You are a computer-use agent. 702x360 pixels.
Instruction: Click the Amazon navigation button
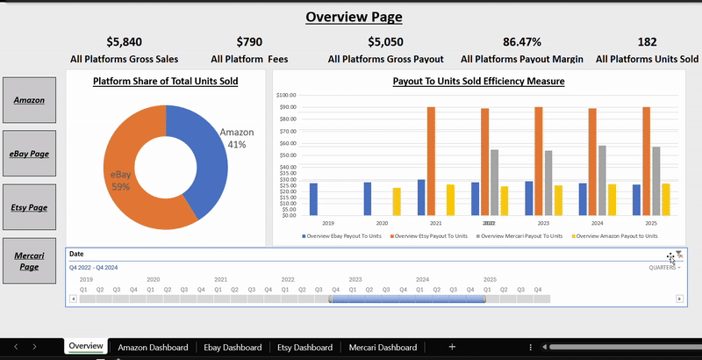[x=30, y=99]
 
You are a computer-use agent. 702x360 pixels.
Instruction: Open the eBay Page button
[x=30, y=153]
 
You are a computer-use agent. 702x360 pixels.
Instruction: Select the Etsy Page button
[x=30, y=207]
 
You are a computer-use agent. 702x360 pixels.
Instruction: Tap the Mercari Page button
[x=30, y=260]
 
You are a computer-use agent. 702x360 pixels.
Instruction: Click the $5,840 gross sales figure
[x=124, y=41]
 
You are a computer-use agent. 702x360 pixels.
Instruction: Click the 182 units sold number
[x=647, y=41]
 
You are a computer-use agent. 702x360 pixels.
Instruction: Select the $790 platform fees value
[x=249, y=41]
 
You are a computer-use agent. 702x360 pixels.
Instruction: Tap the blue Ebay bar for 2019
[x=313, y=198]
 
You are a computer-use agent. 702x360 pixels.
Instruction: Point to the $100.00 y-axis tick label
[x=286, y=95]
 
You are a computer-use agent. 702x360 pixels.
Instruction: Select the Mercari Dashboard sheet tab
[x=383, y=348]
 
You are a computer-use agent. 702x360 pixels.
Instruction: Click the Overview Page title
[x=354, y=17]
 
